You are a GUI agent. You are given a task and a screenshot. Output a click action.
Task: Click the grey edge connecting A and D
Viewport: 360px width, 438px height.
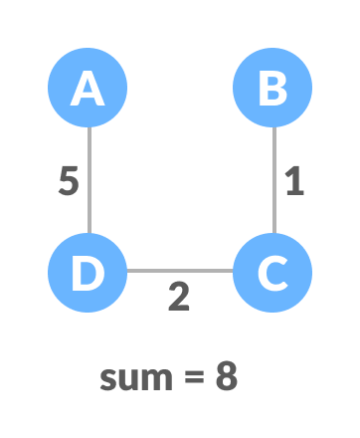[x=89, y=180]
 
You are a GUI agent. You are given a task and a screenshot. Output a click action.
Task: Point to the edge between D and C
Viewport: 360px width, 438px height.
[x=179, y=271]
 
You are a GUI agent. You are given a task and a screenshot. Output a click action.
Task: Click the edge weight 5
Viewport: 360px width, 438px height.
[x=68, y=182]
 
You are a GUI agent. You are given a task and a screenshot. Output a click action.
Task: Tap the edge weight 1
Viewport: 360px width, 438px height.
[x=293, y=181]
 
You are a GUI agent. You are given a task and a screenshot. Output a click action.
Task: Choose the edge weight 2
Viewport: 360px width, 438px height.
[x=179, y=297]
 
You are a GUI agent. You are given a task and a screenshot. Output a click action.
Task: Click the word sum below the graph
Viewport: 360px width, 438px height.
[x=137, y=378]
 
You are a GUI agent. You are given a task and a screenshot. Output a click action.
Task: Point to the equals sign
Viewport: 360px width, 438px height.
[x=195, y=379]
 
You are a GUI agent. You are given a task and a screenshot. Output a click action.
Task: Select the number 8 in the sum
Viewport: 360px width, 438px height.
[x=227, y=377]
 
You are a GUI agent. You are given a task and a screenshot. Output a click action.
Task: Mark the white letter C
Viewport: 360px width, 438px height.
[x=272, y=272]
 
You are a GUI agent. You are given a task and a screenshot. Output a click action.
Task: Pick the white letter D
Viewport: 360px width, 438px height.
[x=88, y=272]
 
